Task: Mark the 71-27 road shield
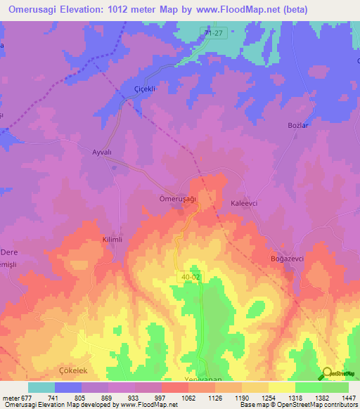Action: (x=214, y=33)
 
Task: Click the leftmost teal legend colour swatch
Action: (x=41, y=387)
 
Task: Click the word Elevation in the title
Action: (x=87, y=9)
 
